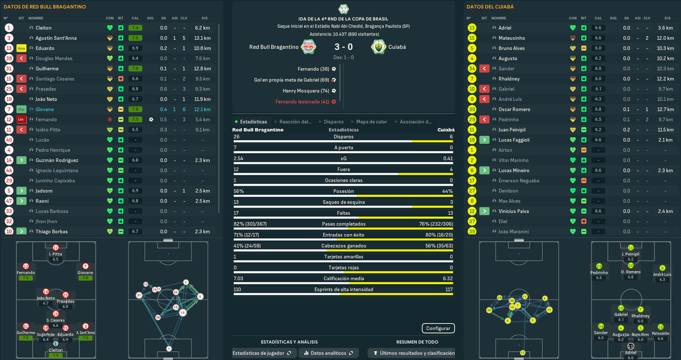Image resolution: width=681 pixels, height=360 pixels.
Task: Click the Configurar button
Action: [438, 328]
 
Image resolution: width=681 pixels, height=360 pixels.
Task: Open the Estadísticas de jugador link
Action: [262, 353]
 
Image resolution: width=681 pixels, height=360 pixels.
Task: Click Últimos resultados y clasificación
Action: [414, 353]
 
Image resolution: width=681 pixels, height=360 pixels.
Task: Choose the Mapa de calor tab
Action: [371, 122]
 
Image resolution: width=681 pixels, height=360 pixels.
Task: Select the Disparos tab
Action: [334, 122]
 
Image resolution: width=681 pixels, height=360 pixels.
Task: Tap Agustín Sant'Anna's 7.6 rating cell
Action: [135, 38]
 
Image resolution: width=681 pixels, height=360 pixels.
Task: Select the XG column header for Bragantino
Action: [163, 18]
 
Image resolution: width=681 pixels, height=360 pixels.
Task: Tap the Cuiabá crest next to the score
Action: [378, 47]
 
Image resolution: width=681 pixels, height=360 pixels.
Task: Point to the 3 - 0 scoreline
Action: [343, 47]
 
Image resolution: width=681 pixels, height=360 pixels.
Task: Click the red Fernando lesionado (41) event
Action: [302, 102]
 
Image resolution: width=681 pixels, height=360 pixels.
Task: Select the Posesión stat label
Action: [343, 191]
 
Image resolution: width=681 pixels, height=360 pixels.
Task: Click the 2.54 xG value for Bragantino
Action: [238, 158]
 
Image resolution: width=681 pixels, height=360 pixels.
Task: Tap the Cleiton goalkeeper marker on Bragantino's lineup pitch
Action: [56, 345]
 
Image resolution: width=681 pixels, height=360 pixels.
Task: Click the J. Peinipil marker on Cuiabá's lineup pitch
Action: [630, 248]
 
